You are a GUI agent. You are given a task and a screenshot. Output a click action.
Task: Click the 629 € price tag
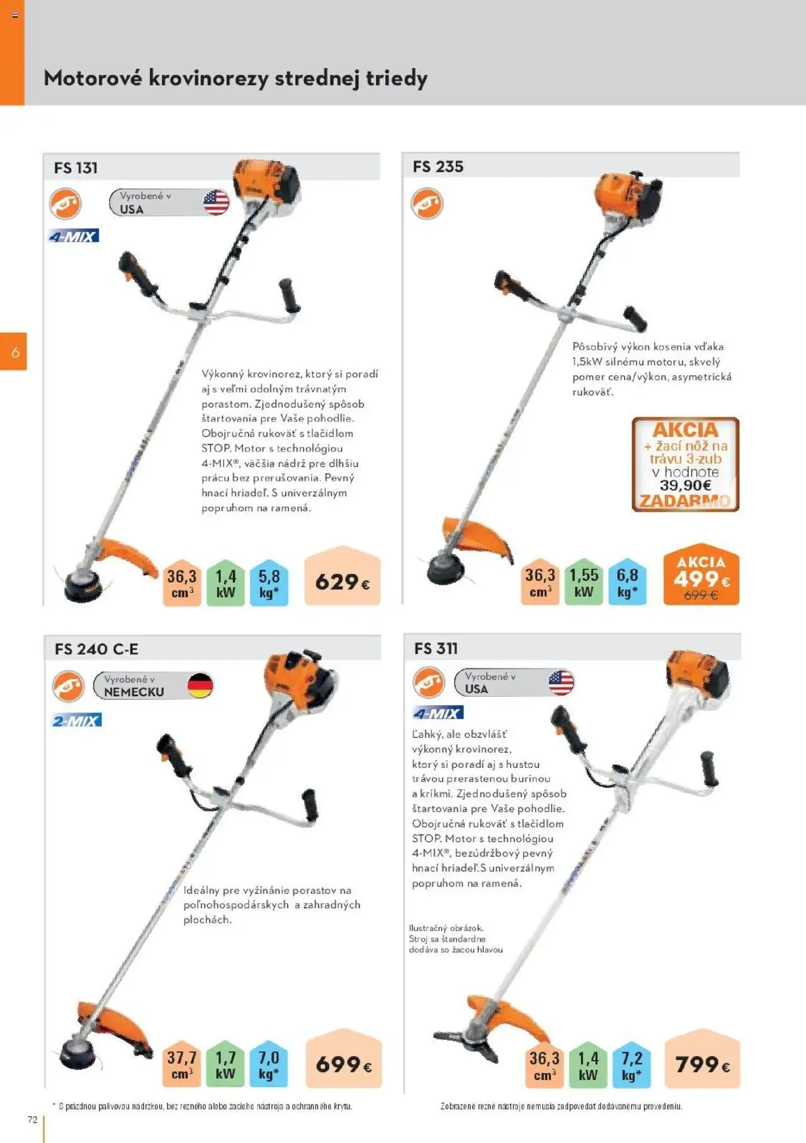(x=342, y=582)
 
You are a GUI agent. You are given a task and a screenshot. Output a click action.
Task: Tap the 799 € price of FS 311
(x=702, y=1065)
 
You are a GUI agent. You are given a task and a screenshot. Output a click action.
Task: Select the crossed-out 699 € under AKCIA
(x=700, y=595)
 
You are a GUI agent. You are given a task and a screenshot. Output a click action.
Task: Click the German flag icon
(x=200, y=685)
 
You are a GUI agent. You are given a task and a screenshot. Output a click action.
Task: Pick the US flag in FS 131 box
(x=216, y=203)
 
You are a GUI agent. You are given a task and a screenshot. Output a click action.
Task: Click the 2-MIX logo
(x=76, y=720)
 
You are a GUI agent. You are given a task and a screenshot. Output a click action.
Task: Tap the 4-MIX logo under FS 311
(x=438, y=712)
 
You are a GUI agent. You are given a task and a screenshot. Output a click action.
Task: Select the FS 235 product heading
(x=438, y=167)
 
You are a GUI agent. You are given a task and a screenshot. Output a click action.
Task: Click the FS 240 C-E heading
(x=96, y=649)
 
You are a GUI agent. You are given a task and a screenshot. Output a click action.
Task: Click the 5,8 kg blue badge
(x=269, y=583)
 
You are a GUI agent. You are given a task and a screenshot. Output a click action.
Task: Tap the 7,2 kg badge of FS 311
(x=632, y=1065)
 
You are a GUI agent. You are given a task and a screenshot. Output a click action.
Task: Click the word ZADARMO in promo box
(x=685, y=502)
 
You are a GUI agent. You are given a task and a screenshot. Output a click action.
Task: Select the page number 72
(x=33, y=1120)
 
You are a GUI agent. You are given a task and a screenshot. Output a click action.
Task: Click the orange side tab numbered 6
(x=14, y=352)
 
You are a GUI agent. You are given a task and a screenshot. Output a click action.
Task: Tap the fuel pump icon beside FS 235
(x=427, y=204)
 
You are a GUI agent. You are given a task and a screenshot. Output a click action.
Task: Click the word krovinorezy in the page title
(x=208, y=78)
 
